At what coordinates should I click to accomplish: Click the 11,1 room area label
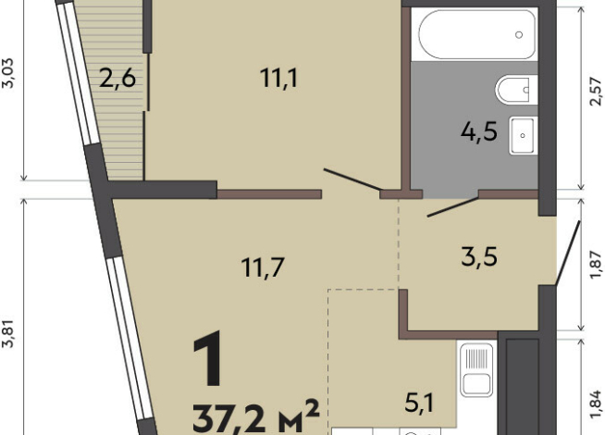click(x=278, y=78)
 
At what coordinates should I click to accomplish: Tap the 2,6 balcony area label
click(x=117, y=78)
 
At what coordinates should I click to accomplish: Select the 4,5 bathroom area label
click(x=479, y=131)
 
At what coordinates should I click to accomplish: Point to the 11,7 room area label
click(x=263, y=267)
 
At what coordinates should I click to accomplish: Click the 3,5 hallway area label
click(x=479, y=256)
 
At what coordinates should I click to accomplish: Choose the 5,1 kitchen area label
click(x=419, y=403)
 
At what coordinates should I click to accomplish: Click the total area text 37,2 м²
click(x=256, y=417)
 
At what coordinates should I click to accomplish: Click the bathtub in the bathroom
click(x=477, y=34)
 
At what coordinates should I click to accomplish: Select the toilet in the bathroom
click(x=516, y=90)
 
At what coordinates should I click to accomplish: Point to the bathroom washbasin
click(x=524, y=135)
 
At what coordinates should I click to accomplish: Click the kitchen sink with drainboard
click(x=477, y=370)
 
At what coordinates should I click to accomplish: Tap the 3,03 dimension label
click(x=7, y=73)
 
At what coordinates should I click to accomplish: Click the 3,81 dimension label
click(x=7, y=334)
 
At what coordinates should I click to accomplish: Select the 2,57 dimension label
click(x=596, y=91)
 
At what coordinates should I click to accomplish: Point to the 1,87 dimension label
click(x=596, y=265)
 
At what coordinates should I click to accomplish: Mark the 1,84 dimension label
click(x=596, y=404)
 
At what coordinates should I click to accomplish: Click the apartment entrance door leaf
click(x=568, y=253)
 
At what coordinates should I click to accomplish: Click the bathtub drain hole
click(x=519, y=35)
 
